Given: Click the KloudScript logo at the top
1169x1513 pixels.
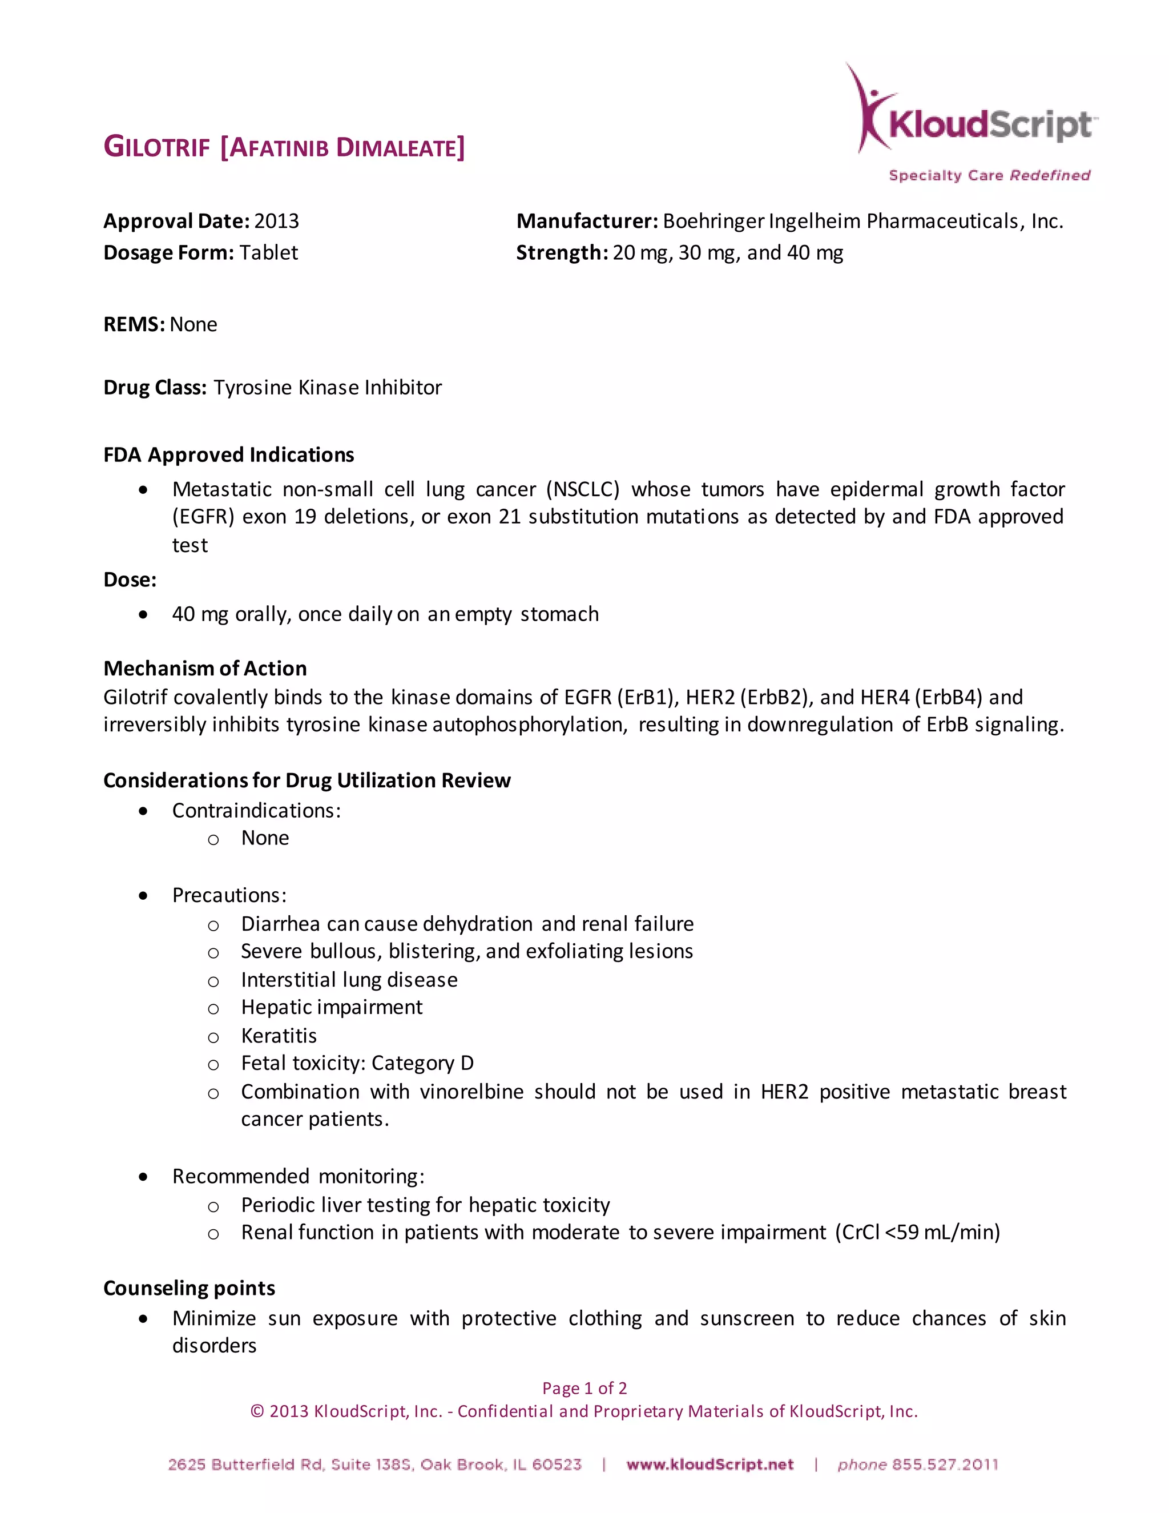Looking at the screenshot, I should coord(975,123).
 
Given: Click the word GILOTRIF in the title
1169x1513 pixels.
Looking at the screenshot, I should coord(156,147).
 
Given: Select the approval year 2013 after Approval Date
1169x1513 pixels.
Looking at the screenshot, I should coord(276,221).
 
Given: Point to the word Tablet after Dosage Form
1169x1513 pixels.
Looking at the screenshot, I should coord(269,253).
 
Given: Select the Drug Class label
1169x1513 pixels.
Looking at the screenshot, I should coord(155,387).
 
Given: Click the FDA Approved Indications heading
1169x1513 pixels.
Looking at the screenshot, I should coord(228,454).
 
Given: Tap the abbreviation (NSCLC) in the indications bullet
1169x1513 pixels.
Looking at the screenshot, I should coord(582,489).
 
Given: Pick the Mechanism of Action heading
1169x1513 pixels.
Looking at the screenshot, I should coord(205,668).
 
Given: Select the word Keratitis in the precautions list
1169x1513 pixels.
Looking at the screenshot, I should coord(279,1036).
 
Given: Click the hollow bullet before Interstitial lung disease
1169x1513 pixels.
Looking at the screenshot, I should coord(213,981).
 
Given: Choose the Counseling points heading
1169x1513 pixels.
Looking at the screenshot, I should coord(189,1288).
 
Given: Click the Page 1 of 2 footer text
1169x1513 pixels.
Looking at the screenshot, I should coord(584,1389).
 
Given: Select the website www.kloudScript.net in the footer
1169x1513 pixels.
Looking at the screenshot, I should coord(710,1464).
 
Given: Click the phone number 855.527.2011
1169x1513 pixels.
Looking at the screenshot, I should coord(945,1464).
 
